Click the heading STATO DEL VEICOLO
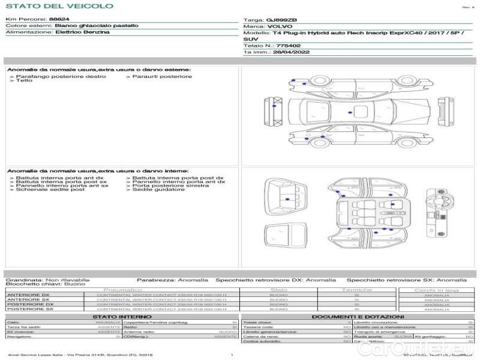point(59,7)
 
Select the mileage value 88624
point(58,20)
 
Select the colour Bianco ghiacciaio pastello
point(96,26)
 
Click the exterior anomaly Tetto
point(25,80)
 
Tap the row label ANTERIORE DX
point(28,295)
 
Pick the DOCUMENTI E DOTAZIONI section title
point(358,316)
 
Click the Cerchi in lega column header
point(436,290)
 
